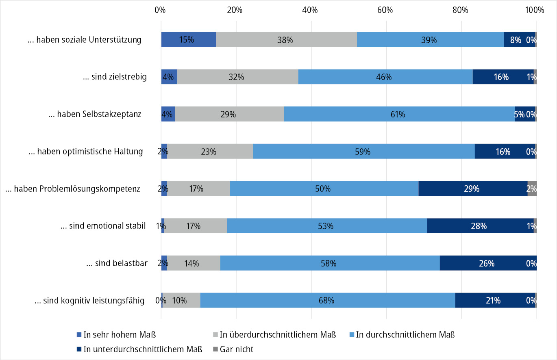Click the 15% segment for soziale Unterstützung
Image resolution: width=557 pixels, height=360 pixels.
click(x=188, y=40)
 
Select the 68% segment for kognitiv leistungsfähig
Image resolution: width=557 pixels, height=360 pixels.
click(x=327, y=301)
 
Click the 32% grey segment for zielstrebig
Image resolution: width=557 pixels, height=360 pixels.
click(x=237, y=77)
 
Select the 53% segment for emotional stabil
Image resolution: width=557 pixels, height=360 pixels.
click(x=327, y=226)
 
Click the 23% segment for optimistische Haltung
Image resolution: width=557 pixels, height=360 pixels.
click(x=210, y=152)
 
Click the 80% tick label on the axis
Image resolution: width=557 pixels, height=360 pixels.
click(x=460, y=10)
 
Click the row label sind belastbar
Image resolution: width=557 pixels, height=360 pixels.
click(x=117, y=263)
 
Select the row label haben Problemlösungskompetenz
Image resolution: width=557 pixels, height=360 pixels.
click(x=73, y=189)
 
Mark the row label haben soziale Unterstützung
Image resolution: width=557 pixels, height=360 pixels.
click(x=85, y=40)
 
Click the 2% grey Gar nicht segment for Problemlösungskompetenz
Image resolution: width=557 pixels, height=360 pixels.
click(x=532, y=189)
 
